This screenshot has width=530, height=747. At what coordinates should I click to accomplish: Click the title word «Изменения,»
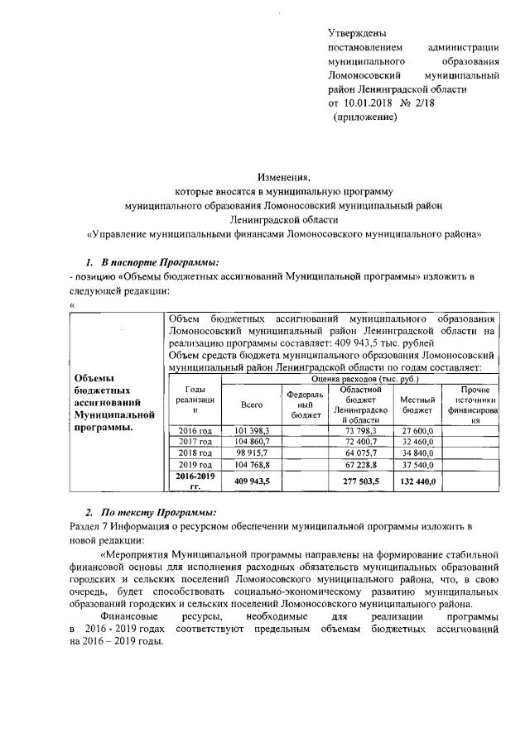point(284,177)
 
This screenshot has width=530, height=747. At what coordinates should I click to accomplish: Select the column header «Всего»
point(251,405)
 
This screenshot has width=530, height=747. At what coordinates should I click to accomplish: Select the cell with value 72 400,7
point(361,443)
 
